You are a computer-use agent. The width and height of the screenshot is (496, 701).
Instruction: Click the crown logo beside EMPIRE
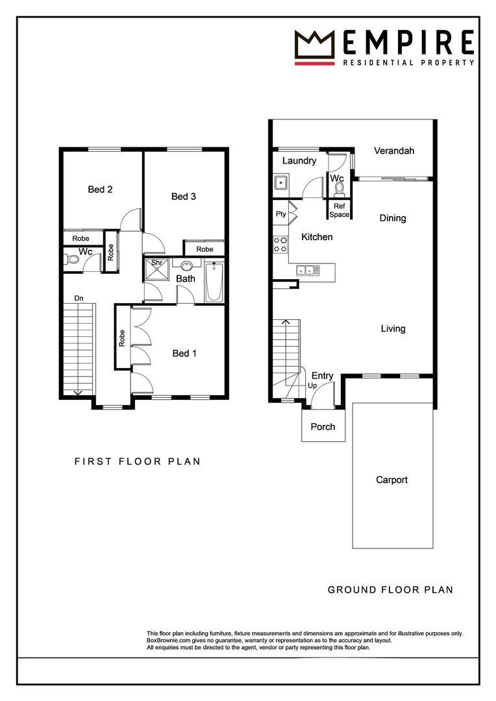[x=314, y=45]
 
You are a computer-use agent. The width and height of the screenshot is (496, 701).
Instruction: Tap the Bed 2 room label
[x=101, y=190]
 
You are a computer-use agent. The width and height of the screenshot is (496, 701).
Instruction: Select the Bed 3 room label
[x=184, y=196]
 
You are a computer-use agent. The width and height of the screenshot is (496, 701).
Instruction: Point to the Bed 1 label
[x=184, y=353]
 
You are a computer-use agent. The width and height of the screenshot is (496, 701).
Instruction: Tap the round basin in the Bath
[x=187, y=265]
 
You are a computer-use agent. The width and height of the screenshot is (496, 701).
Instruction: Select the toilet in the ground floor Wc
[x=338, y=190]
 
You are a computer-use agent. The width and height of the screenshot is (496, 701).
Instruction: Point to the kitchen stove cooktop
[x=280, y=243]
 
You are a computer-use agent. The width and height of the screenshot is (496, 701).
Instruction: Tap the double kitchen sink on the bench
[x=305, y=270]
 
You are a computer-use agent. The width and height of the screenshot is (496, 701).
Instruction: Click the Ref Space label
[x=339, y=210]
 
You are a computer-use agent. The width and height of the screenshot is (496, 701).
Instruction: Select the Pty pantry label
[x=280, y=214]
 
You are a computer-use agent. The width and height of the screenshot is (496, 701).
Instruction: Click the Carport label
[x=392, y=480]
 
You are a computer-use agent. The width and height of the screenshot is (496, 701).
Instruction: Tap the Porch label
[x=323, y=426]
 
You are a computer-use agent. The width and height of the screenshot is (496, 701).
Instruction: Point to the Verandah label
[x=393, y=151]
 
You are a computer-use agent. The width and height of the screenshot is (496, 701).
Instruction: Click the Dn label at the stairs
[x=79, y=298]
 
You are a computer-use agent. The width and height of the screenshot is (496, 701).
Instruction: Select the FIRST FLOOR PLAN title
[x=137, y=461]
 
